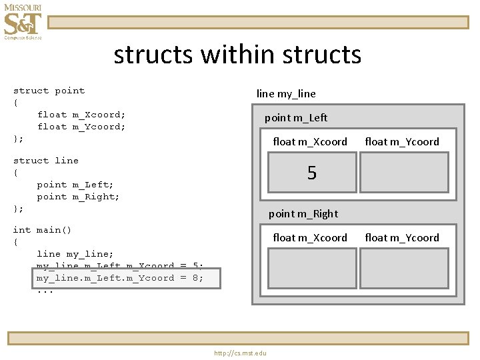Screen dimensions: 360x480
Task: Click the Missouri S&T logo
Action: coord(23,22)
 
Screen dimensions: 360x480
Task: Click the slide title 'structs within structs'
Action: coord(237,55)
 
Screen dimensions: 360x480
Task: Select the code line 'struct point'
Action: coord(49,91)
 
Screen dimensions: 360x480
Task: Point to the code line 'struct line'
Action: coord(45,161)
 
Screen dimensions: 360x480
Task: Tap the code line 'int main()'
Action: coord(42,230)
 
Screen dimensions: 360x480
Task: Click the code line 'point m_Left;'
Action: coord(75,185)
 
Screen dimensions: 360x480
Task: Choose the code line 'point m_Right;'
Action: coord(78,197)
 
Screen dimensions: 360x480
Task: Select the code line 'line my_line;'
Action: coord(75,254)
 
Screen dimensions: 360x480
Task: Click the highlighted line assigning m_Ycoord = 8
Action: coord(120,278)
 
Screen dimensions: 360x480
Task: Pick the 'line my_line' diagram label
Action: coord(286,94)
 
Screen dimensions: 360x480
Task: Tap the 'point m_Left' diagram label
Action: coord(296,118)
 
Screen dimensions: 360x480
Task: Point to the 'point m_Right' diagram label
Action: coord(303,214)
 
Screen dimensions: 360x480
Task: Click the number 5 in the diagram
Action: coord(311,173)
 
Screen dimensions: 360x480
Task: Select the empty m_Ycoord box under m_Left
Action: coord(404,173)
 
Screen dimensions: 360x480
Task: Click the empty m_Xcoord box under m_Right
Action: coord(311,268)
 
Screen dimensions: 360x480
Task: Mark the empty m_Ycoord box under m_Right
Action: coord(404,268)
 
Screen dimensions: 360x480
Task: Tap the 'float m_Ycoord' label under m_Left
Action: coord(402,142)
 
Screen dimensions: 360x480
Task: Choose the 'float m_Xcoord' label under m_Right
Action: coord(310,238)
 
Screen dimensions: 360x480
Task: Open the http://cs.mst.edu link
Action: coord(240,353)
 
